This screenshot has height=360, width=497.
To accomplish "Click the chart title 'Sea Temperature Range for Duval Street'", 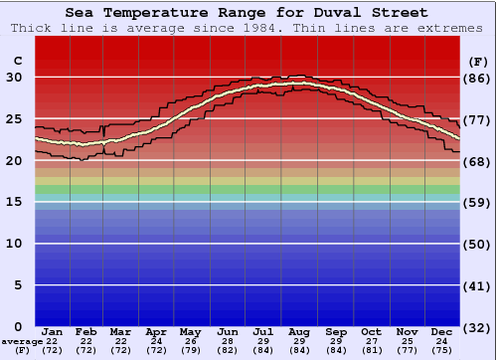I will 248,13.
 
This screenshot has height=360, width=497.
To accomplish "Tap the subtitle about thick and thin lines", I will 248,28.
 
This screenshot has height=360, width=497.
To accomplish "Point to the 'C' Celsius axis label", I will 17,62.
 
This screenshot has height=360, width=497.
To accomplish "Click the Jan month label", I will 53,331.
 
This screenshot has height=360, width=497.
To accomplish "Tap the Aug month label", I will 299,331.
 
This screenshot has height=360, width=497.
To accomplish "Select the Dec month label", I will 441,331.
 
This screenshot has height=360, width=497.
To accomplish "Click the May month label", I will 189,331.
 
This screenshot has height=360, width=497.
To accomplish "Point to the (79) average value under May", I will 189,351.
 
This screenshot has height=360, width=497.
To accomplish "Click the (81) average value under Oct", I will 371,351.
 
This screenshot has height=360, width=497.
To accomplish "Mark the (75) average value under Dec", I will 441,351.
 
